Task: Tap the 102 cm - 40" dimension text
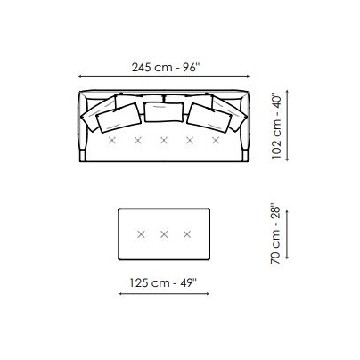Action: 276,127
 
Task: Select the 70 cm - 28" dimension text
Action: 275,234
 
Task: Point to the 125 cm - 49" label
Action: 163,282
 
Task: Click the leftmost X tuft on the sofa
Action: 112,140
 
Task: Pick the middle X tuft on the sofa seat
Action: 164,140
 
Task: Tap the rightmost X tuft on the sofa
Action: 216,140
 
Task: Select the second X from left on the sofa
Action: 138,140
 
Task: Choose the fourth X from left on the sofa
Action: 190,140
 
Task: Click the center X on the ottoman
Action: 164,234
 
